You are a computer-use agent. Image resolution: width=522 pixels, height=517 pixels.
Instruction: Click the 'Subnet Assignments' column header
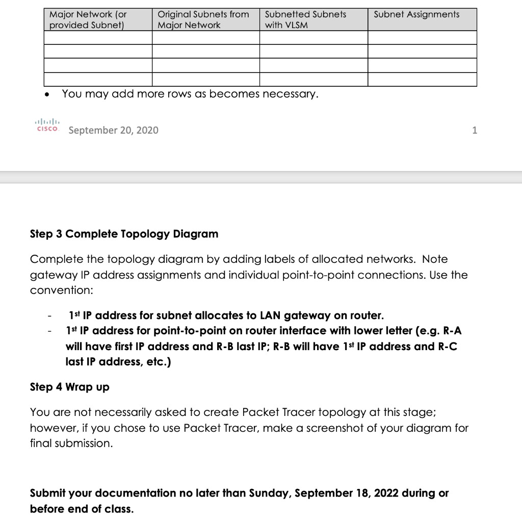point(416,14)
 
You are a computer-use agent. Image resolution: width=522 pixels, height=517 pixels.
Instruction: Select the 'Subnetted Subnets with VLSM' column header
point(305,19)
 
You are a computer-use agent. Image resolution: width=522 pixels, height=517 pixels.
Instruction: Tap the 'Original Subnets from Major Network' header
point(203,19)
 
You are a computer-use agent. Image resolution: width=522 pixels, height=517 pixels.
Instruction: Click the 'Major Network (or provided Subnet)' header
point(88,19)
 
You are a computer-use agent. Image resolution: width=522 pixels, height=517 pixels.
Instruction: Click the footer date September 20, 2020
point(113,130)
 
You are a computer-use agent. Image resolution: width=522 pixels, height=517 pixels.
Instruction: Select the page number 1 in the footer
point(475,130)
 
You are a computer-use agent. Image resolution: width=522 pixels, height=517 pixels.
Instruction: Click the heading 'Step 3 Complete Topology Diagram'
point(124,234)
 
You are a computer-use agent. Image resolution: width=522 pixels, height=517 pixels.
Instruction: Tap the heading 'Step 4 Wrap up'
point(69,387)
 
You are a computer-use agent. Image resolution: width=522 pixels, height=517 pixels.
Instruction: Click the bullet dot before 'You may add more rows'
point(47,95)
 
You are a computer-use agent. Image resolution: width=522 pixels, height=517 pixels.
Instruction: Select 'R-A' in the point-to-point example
point(451,331)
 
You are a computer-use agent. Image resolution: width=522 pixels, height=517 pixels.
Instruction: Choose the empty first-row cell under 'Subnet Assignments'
point(422,38)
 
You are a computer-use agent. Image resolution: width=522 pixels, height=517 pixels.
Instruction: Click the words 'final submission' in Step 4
point(70,444)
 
